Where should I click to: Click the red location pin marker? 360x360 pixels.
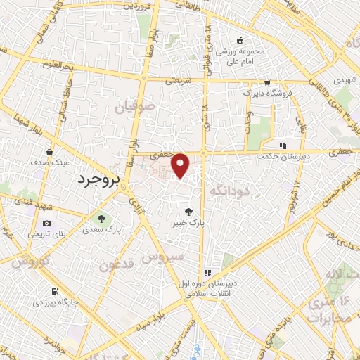(x=181, y=165)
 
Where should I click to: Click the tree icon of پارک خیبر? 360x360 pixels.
(x=188, y=211)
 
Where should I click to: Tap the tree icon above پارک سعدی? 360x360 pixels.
(x=101, y=218)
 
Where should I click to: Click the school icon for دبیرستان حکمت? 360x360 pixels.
(x=283, y=146)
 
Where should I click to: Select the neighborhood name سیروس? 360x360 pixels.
(x=163, y=257)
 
